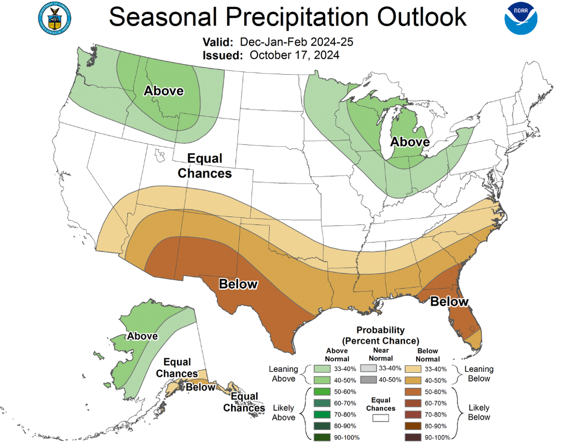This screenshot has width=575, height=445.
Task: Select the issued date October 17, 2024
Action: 294,54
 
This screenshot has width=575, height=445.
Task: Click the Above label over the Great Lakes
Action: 410,142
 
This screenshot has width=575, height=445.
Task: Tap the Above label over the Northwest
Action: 163,91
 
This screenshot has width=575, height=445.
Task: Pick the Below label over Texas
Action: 238,284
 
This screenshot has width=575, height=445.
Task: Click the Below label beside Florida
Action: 449,302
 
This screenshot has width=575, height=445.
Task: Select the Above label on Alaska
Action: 142,336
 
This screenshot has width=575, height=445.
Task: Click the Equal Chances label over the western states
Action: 205,166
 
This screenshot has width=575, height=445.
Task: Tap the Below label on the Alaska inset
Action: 200,387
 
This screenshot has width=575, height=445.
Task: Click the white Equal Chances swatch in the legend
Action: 381,418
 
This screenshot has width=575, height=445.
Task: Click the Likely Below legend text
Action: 479,412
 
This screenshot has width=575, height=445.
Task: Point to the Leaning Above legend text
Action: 283,374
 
